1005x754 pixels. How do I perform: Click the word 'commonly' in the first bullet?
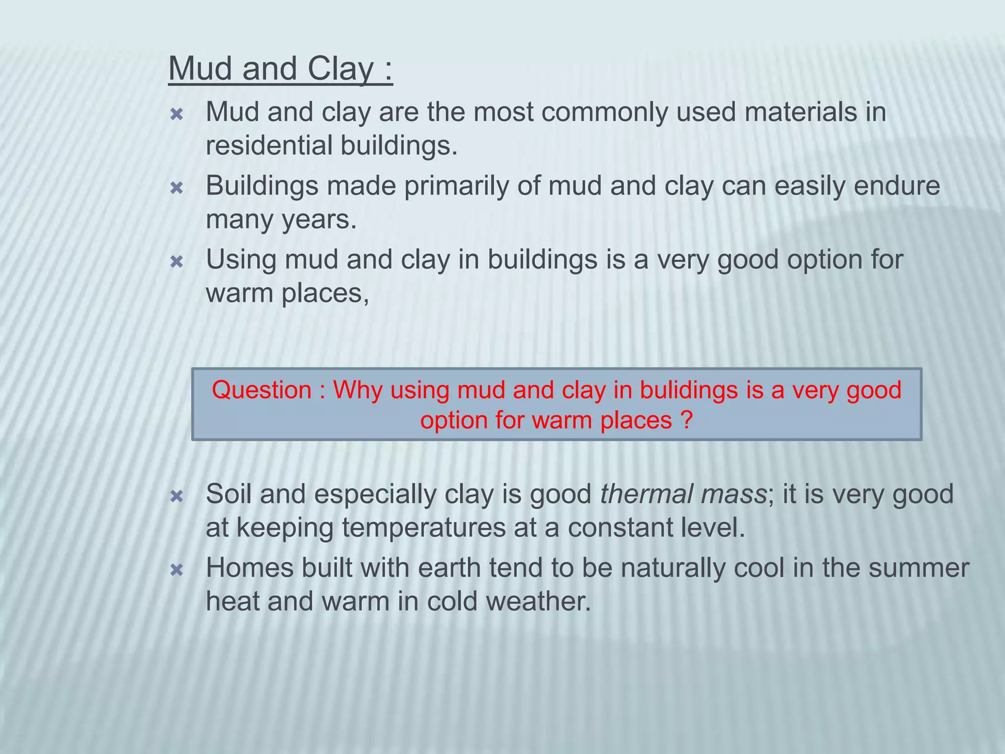[604, 112]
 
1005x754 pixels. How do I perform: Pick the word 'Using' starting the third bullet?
[240, 260]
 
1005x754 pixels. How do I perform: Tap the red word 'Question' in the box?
[262, 390]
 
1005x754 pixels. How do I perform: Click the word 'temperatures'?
[423, 528]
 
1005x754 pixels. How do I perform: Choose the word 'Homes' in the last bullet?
[249, 568]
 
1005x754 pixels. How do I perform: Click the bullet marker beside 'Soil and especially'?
[176, 497]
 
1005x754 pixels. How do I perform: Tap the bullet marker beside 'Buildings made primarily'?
[176, 188]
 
